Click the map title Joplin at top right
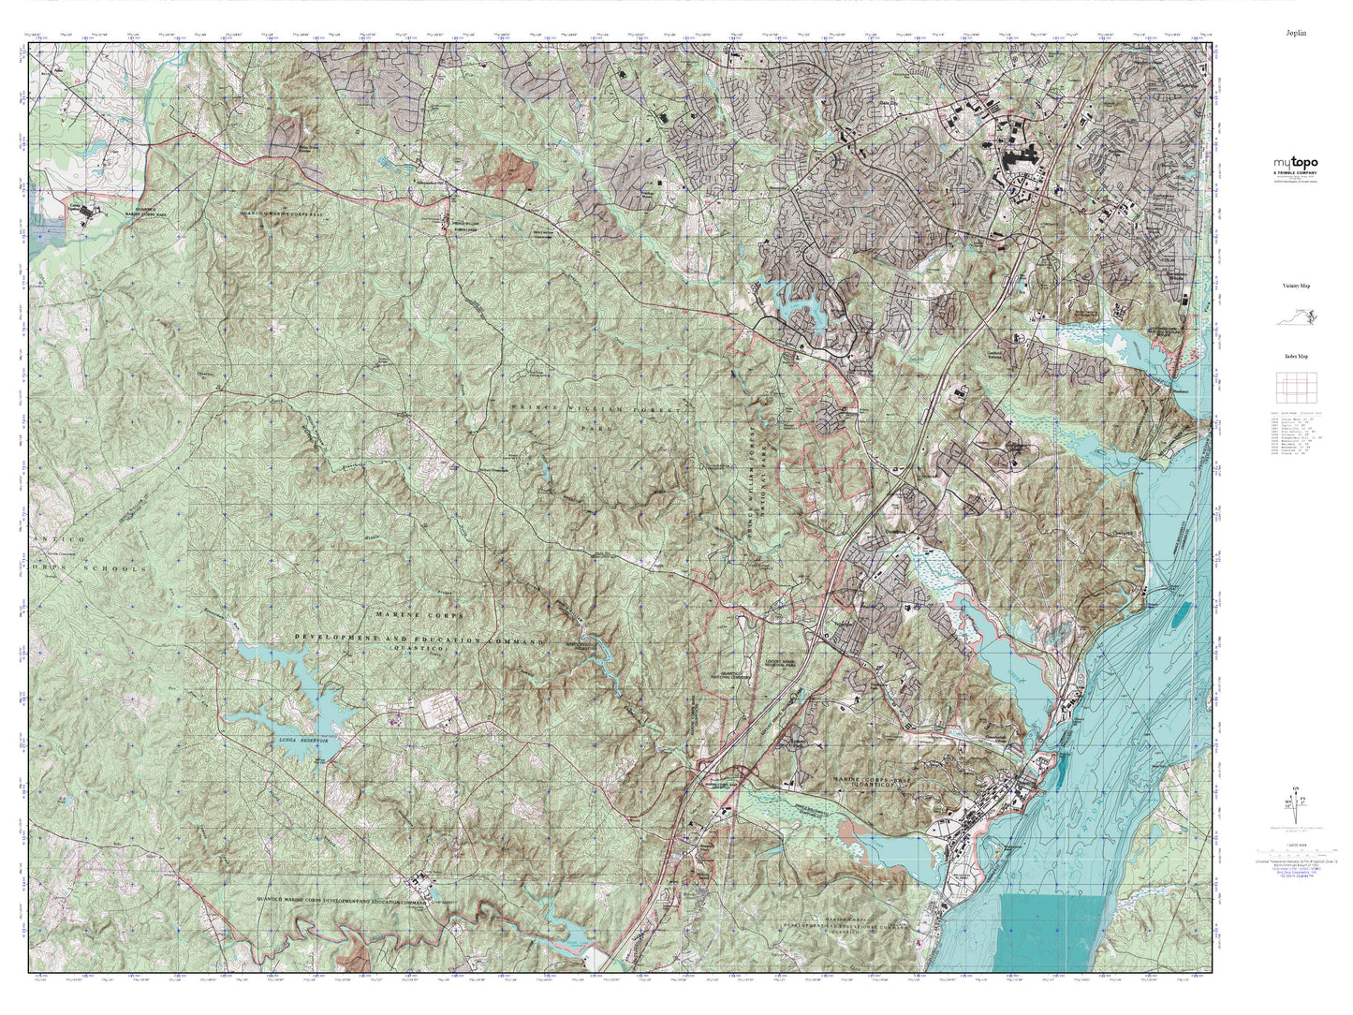coord(1296,33)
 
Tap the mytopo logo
coord(1296,163)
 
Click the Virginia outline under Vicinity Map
coord(1298,317)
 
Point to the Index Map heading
coord(1296,356)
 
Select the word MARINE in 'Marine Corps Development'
coord(393,615)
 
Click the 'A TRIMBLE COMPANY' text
coord(1296,174)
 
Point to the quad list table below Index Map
coord(1296,431)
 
